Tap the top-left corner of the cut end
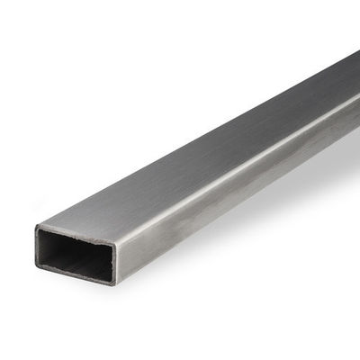click(36, 227)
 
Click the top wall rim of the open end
click(76, 234)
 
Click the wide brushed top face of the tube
click(198, 153)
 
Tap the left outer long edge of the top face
click(180, 135)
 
